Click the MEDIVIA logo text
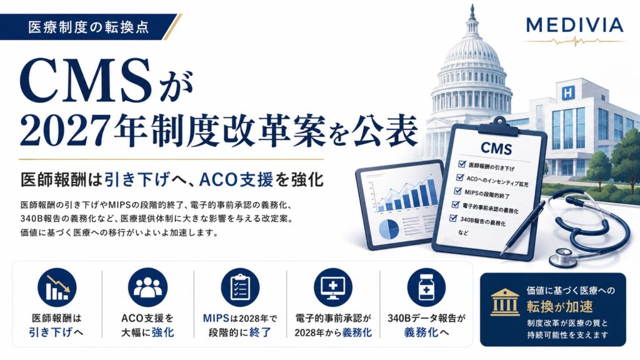click(575, 25)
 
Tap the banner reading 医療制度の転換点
click(89, 27)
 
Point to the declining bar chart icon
click(57, 287)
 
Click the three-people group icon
click(147, 287)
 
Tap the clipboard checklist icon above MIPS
click(241, 287)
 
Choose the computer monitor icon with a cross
click(333, 287)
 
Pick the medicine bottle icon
click(426, 287)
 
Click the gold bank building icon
click(505, 302)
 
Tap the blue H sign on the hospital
click(567, 93)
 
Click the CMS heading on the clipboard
click(496, 148)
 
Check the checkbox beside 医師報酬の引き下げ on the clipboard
click(462, 164)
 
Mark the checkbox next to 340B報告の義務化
click(452, 218)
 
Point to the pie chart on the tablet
click(388, 229)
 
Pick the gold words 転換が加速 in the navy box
click(559, 306)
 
